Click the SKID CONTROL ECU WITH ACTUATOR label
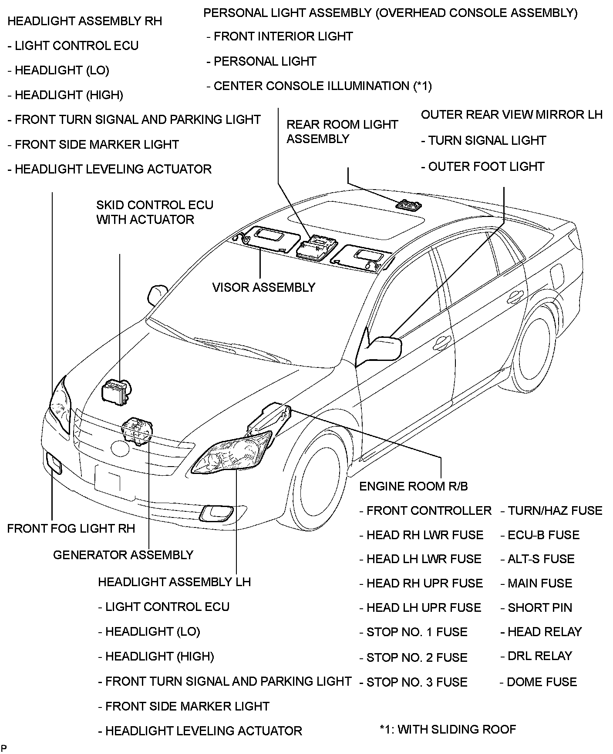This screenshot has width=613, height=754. [x=155, y=212]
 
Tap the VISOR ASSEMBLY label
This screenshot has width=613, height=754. [x=263, y=287]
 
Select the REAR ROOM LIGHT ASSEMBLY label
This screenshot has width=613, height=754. [x=342, y=132]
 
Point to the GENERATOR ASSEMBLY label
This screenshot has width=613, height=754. [x=123, y=555]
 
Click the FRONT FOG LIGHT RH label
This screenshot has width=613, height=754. [x=71, y=528]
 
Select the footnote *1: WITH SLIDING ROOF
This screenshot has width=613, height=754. [x=448, y=729]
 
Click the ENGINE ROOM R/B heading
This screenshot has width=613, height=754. [x=413, y=486]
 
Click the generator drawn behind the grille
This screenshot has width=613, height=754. [x=138, y=430]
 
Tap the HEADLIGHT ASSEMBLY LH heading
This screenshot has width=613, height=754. [x=174, y=582]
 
